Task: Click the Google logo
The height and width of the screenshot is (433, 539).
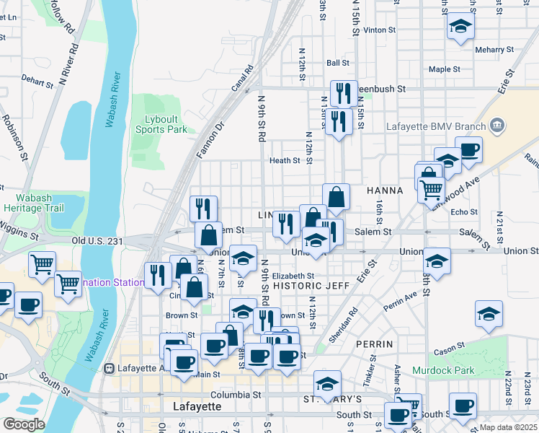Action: pyautogui.click(x=24, y=424)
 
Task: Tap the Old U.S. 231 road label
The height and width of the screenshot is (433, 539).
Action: pyautogui.click(x=97, y=240)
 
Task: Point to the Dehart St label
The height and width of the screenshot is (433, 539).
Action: pyautogui.click(x=37, y=82)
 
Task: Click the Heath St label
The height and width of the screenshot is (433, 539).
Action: pyautogui.click(x=285, y=161)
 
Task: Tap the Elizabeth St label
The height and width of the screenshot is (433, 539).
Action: pyautogui.click(x=293, y=276)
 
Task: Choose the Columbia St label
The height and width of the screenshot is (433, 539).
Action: pyautogui.click(x=236, y=395)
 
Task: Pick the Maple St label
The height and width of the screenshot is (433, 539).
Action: pyautogui.click(x=444, y=69)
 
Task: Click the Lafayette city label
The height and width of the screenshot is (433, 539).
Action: pyautogui.click(x=197, y=407)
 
